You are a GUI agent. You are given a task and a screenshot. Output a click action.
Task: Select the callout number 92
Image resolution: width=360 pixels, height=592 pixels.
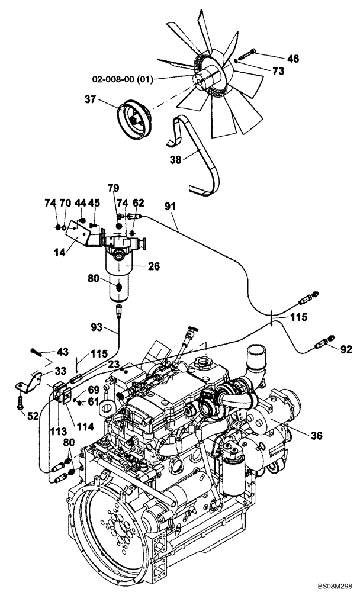[x=346, y=349]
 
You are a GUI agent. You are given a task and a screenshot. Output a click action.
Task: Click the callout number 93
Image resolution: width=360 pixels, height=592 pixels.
[x=97, y=327]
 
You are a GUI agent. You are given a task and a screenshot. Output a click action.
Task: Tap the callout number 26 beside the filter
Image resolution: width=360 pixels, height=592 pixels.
[x=153, y=266]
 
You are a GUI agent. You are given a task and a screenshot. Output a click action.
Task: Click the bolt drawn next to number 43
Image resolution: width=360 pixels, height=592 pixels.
[x=38, y=352]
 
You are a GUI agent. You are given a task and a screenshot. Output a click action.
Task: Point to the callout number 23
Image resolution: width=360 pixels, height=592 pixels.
[x=114, y=365]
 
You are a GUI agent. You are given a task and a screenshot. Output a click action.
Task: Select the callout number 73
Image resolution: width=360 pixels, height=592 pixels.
[x=278, y=70]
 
